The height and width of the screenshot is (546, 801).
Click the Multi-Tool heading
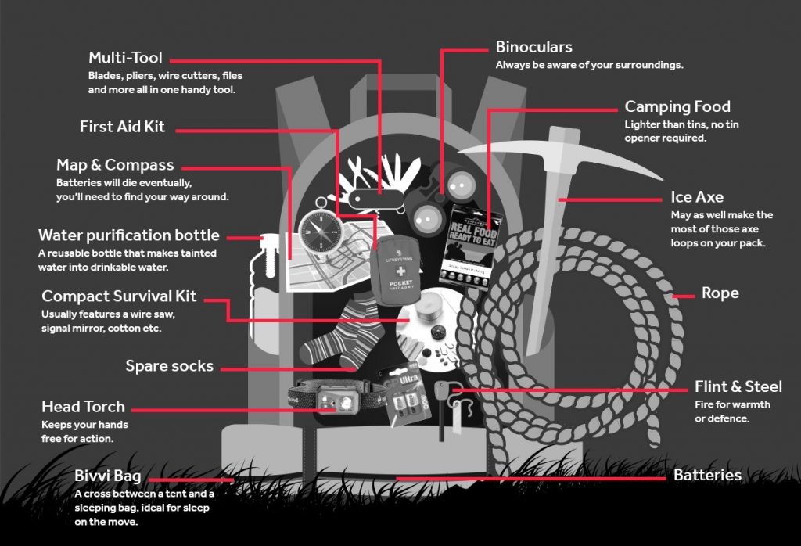point(125,58)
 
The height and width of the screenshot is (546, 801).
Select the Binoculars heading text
point(534,47)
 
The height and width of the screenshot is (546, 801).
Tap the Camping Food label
point(677,106)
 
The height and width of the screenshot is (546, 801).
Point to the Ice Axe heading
point(697,197)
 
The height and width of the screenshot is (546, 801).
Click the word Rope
point(720,293)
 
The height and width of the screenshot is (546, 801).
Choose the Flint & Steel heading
point(738,386)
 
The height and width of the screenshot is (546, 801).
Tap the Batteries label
point(707,475)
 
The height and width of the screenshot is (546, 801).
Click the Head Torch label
point(83,407)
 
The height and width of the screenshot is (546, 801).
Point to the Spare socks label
point(170,365)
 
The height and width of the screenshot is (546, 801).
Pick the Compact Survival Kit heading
point(119,296)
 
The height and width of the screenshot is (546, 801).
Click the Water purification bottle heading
point(129,235)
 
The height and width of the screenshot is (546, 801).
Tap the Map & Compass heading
point(115,165)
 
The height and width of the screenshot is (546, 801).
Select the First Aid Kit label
point(123,127)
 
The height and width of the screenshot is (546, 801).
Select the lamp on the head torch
point(343,403)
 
